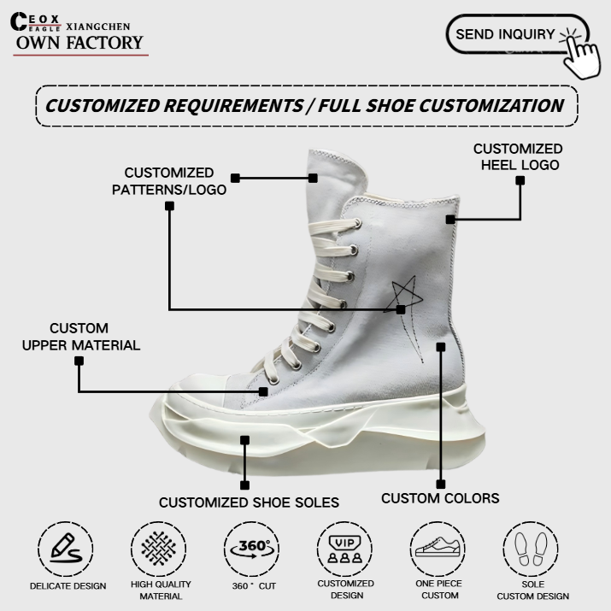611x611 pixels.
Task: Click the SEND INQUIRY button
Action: coord(506,35)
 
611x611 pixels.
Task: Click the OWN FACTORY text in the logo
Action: coord(79,43)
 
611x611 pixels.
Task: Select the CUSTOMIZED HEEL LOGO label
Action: coord(518,156)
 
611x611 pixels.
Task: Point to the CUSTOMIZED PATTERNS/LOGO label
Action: coord(169,181)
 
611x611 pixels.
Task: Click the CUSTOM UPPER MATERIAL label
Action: coord(79,337)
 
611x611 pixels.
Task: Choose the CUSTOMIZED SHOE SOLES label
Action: coord(249,502)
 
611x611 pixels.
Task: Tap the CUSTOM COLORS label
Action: coord(440,498)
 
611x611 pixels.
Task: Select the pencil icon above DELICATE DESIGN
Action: coord(67,547)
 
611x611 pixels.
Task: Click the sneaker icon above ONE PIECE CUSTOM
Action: coord(438,547)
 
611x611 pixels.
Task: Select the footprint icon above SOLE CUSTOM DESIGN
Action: coord(532,547)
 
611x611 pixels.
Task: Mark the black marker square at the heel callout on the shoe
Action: coord(450,220)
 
